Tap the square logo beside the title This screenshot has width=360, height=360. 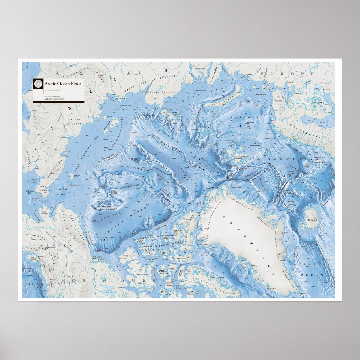click(38, 84)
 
